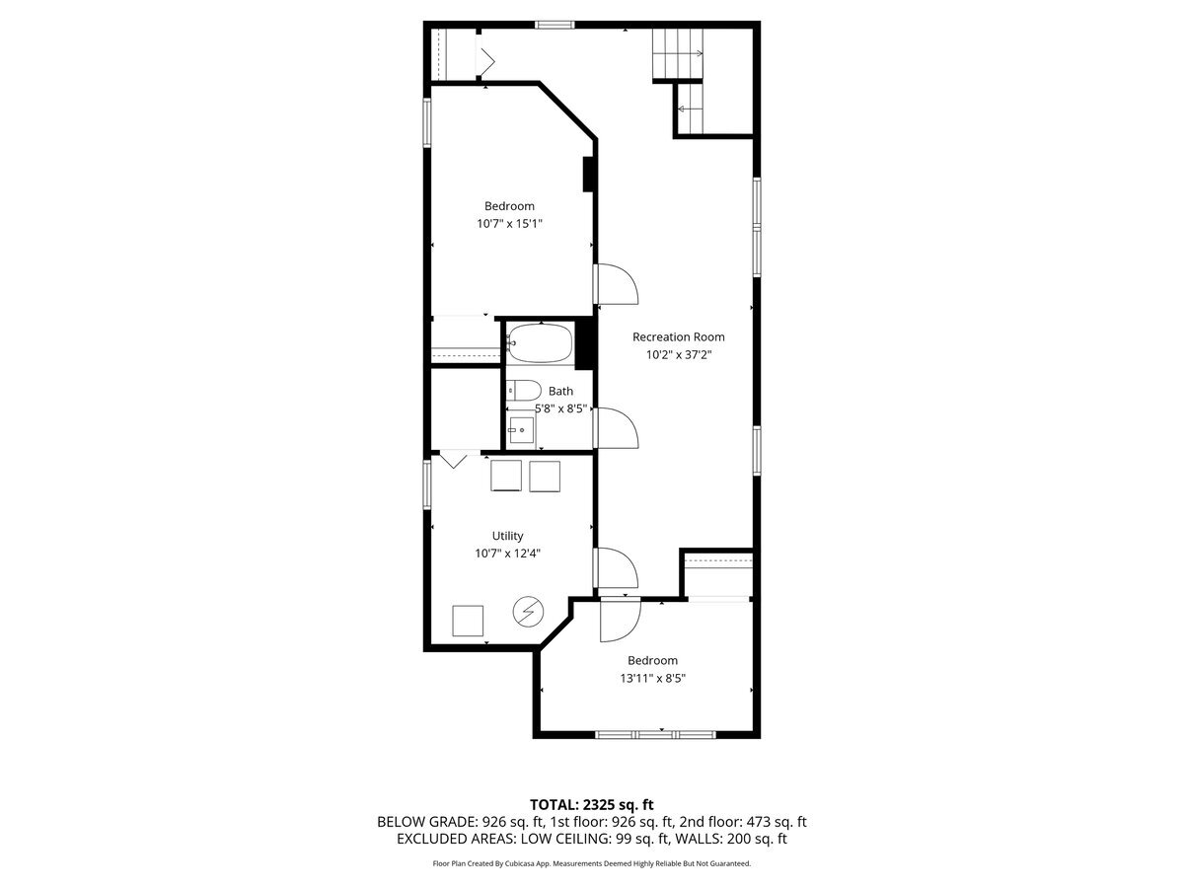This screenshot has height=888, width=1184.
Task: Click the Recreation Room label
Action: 678,336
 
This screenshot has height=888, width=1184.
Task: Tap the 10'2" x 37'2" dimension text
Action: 678,354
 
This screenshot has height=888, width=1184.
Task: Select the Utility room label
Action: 507,536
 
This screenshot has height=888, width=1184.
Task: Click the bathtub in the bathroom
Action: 540,342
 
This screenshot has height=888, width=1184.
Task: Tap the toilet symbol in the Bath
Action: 522,390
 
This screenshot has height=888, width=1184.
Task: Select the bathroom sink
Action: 520,430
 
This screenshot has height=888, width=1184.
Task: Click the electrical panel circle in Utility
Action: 527,611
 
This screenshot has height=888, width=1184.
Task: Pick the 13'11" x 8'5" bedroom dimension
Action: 652,678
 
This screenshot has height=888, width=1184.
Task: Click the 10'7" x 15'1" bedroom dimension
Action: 509,224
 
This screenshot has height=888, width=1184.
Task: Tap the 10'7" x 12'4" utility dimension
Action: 507,554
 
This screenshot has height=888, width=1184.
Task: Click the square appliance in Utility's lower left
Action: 468,620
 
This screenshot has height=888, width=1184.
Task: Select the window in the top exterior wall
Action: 555,24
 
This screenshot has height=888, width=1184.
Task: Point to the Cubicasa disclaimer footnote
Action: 591,863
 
